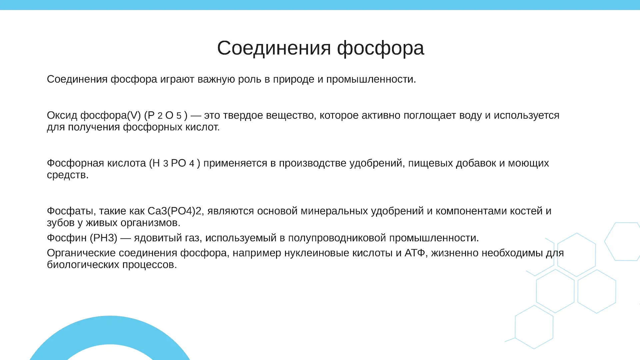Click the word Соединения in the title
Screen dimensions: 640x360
[274, 48]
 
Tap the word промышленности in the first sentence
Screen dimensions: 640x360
[371, 79]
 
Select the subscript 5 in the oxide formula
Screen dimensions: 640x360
[179, 116]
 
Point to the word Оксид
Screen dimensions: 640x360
[62, 115]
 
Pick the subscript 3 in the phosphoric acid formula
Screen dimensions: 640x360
[166, 164]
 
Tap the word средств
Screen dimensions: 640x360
[68, 175]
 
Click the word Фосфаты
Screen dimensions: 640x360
[70, 211]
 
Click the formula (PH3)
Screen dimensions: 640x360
[104, 238]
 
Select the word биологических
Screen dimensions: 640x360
[83, 265]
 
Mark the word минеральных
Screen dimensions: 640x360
[334, 211]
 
